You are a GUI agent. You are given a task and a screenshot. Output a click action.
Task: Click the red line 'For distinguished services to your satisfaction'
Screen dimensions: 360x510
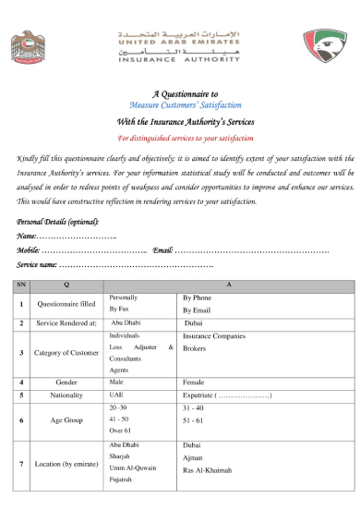[179, 138]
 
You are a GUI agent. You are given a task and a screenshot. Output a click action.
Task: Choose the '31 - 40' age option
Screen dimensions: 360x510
[194, 407]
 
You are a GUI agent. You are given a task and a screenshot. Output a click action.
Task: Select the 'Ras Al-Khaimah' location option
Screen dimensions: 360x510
[208, 469]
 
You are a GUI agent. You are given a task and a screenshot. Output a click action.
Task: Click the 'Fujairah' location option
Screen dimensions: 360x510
[123, 480]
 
